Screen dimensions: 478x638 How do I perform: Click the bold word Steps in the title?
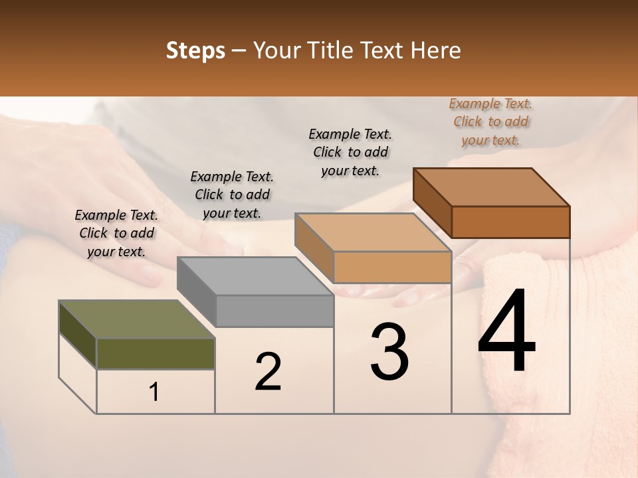(195, 50)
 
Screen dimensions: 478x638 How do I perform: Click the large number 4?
(506, 333)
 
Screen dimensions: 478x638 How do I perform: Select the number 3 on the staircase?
(389, 353)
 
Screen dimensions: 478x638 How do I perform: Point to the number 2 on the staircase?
(268, 372)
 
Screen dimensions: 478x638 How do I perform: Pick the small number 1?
(154, 392)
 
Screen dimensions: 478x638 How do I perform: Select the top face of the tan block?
(373, 232)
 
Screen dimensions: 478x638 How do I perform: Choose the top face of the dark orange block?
(491, 187)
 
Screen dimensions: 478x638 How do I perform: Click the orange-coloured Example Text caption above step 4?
(490, 121)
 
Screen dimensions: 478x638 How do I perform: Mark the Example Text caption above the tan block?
(350, 152)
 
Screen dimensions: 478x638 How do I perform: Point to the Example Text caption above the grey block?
(232, 195)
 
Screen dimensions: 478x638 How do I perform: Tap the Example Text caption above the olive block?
(116, 233)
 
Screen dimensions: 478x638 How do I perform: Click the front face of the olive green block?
(156, 353)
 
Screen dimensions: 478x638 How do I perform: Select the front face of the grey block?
(274, 311)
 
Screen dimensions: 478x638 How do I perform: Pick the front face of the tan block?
(392, 267)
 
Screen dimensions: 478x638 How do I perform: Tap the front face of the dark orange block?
(510, 222)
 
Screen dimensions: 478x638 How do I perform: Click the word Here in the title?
(436, 50)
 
